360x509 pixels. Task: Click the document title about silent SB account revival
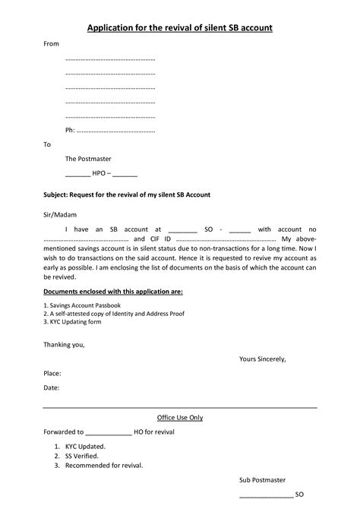pos(180,28)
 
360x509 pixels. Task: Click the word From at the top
pos(51,44)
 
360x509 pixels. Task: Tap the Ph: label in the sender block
pos(70,130)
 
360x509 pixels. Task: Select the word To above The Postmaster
pos(47,144)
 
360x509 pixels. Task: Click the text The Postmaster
pos(88,159)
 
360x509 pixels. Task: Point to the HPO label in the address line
pos(99,173)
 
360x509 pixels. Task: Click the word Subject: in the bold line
pos(57,194)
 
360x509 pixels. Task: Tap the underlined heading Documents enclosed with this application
pos(112,291)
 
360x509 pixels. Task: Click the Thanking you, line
pos(64,344)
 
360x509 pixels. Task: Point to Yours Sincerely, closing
pos(262,359)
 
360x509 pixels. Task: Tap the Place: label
pos(52,373)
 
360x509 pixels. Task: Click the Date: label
pos(51,387)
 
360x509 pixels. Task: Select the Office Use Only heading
pos(179,417)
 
